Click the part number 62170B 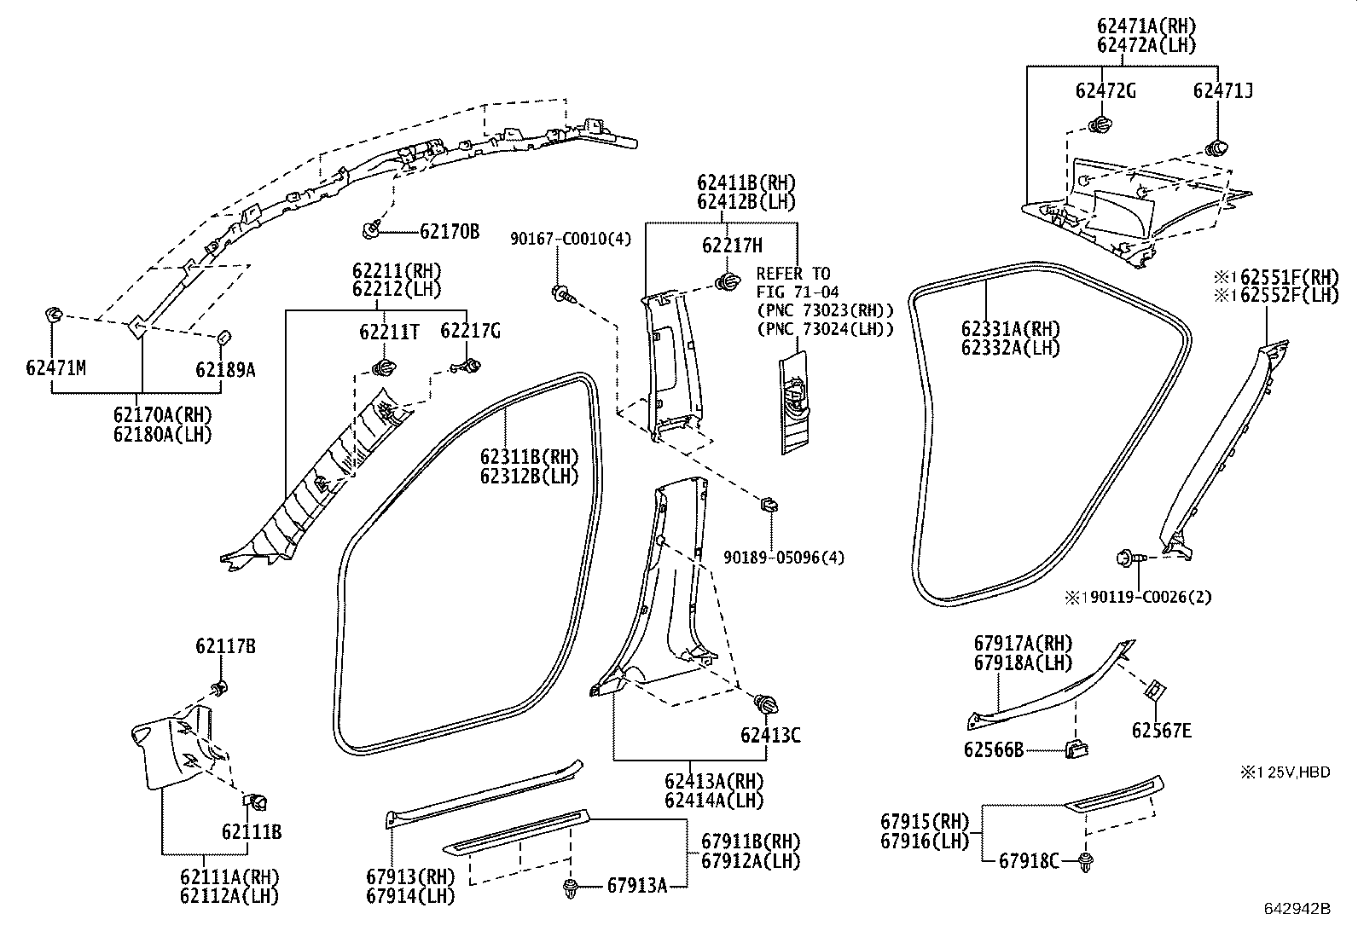tap(449, 231)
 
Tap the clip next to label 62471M tap(53, 318)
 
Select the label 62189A tap(225, 369)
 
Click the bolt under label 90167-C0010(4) tap(563, 295)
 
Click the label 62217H tap(732, 246)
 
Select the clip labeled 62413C tap(764, 705)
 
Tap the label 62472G tap(1106, 91)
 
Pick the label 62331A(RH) tap(1010, 329)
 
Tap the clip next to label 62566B tap(1076, 750)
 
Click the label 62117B tap(225, 646)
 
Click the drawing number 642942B tap(1297, 909)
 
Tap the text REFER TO tap(792, 274)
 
